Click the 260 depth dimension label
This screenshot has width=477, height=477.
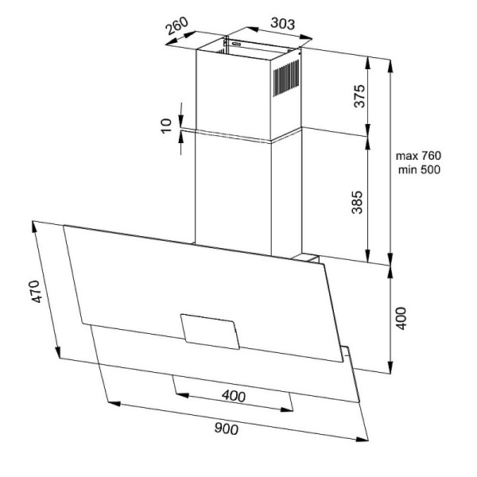point(176,26)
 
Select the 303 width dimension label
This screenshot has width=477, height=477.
point(282,23)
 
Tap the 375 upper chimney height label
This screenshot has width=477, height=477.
point(359,96)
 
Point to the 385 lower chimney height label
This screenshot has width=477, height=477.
point(357,202)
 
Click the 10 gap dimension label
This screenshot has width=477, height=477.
point(166,126)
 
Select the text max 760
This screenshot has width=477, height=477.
point(418,156)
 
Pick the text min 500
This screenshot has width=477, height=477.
point(419,169)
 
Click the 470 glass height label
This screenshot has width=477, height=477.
point(36,292)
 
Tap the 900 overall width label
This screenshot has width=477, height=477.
point(227,429)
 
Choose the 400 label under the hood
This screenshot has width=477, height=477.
point(234,396)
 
